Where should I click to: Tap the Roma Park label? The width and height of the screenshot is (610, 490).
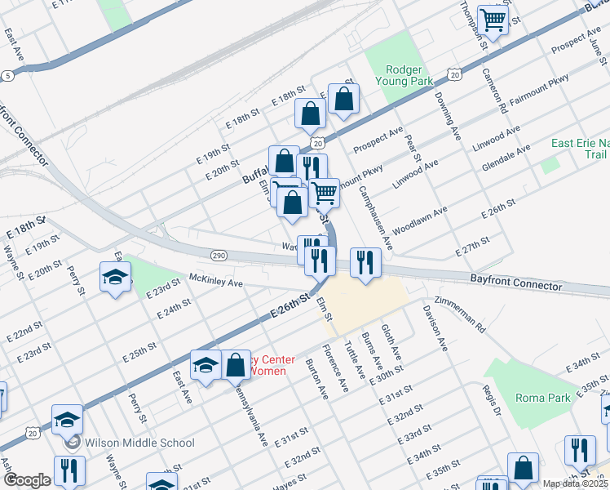tap(543, 398)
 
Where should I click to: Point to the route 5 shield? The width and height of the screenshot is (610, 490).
tap(8, 75)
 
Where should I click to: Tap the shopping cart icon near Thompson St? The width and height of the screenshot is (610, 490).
tap(493, 19)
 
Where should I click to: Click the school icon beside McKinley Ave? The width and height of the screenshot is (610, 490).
tap(116, 277)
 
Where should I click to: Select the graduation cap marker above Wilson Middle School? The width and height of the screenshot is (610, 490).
tap(68, 420)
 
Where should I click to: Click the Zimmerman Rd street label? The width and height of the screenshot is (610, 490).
tap(461, 312)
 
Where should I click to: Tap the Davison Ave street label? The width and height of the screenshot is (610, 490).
tap(434, 328)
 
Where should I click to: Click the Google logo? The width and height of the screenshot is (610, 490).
tap(27, 480)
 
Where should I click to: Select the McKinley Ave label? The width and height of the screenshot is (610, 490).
tap(216, 283)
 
